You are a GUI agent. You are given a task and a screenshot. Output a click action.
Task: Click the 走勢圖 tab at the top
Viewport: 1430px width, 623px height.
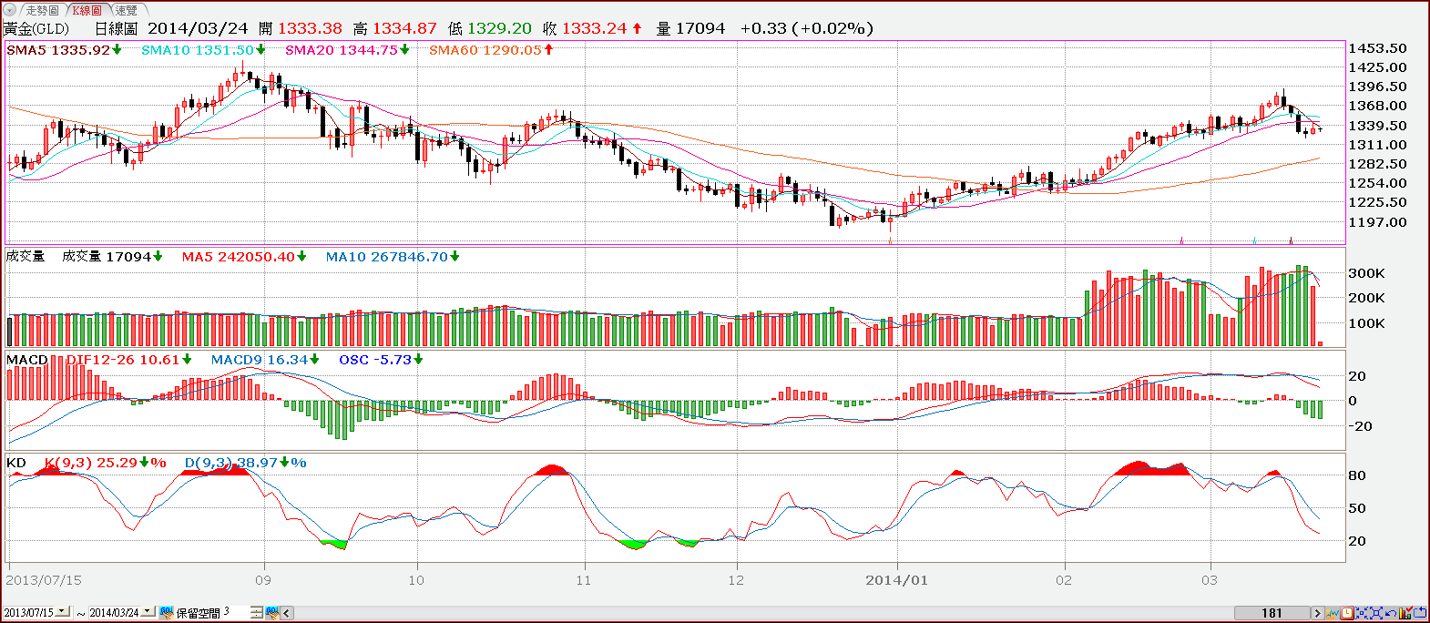[x=41, y=10]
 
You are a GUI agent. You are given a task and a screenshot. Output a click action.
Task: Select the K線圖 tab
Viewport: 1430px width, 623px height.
[x=87, y=10]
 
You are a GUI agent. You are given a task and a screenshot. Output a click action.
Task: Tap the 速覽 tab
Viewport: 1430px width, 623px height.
[x=126, y=10]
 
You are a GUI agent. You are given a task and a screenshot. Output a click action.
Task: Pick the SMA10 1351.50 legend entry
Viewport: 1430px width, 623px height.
[x=198, y=50]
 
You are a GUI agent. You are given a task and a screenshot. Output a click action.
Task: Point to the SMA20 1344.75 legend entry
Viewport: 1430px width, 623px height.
[x=342, y=50]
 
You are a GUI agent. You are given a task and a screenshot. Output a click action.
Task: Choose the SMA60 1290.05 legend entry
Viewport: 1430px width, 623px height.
[x=485, y=50]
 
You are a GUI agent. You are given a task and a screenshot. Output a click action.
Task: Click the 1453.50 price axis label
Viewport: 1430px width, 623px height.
[x=1377, y=48]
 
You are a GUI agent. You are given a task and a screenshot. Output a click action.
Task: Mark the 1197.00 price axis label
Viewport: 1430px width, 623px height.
[x=1377, y=222]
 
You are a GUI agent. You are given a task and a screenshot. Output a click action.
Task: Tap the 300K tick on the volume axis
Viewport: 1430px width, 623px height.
[x=1366, y=273]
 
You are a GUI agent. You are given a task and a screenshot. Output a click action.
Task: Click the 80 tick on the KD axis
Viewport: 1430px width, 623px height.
[x=1357, y=475]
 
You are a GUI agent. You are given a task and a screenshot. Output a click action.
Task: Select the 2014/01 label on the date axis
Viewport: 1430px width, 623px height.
[x=896, y=580]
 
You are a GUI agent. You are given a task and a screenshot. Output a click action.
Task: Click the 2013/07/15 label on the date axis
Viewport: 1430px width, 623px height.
[x=44, y=580]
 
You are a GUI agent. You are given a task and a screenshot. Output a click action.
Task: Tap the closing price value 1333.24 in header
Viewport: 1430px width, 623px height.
[x=594, y=28]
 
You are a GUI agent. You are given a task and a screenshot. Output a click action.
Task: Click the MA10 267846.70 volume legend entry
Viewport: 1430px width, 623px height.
[x=387, y=257]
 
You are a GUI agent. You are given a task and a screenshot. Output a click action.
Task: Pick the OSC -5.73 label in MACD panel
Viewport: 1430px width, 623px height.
[x=375, y=360]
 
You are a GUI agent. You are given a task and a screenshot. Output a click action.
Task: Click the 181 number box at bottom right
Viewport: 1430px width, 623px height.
[x=1272, y=613]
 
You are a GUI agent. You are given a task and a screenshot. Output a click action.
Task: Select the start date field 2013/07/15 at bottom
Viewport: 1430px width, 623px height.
[x=29, y=613]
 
